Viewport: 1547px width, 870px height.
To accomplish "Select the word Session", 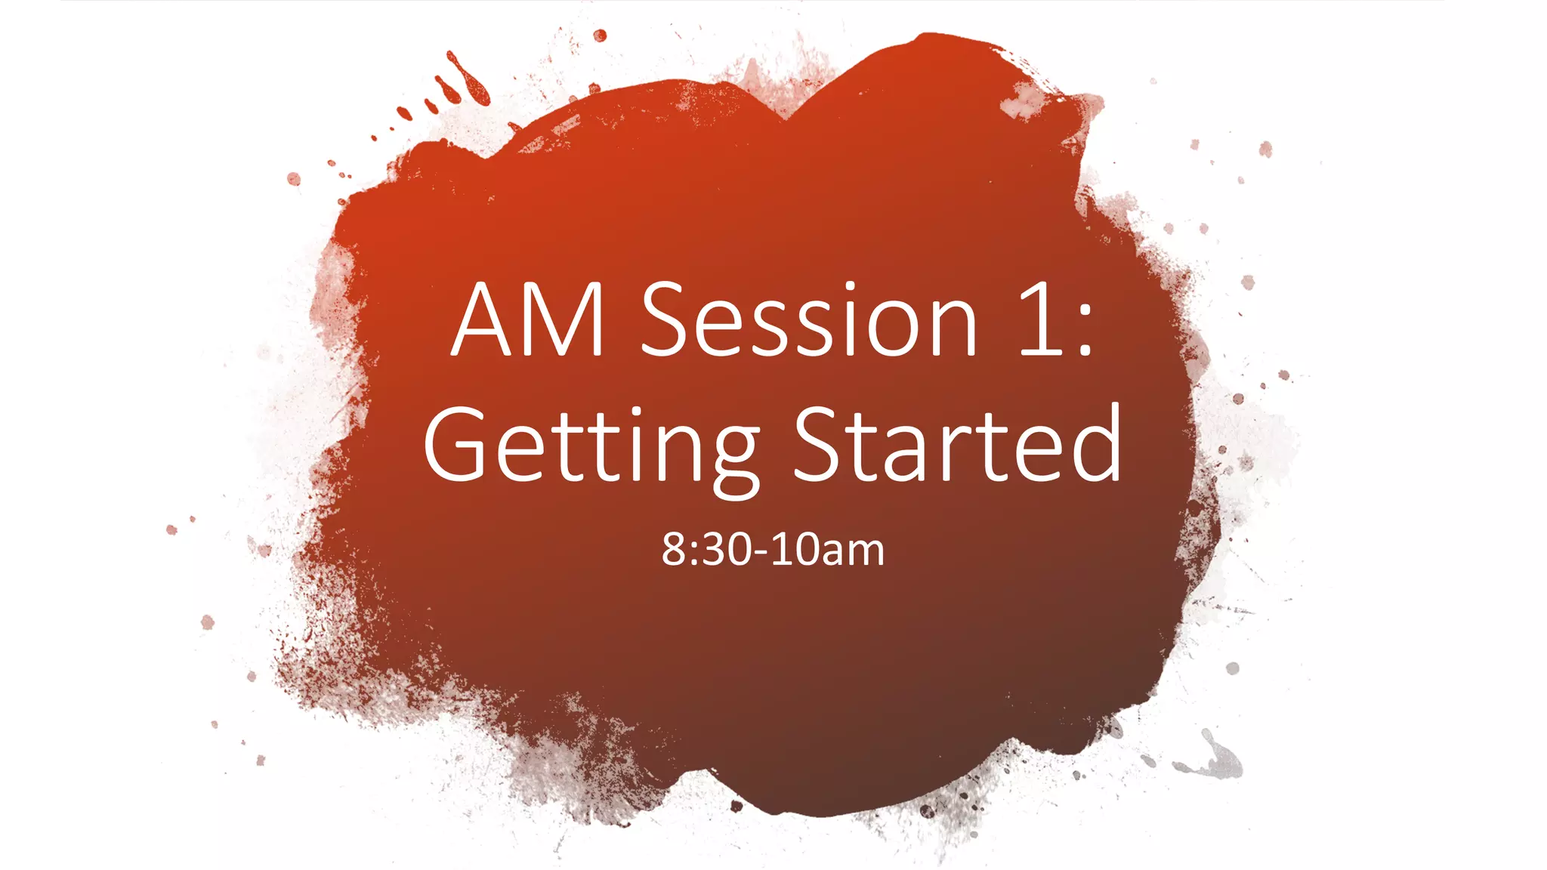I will [x=810, y=320].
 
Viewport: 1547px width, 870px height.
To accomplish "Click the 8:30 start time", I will [x=707, y=550].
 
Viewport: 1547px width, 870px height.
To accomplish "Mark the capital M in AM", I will [x=566, y=320].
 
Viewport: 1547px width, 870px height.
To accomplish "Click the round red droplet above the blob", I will [x=600, y=35].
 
